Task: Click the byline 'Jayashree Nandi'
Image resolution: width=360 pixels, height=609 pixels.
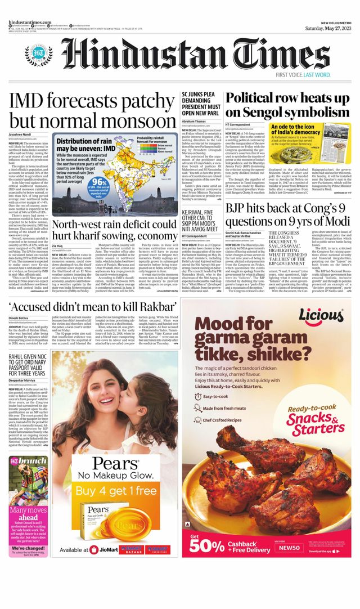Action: (x=21, y=135)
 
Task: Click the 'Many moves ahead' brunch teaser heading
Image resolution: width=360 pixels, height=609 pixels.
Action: (x=23, y=513)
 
